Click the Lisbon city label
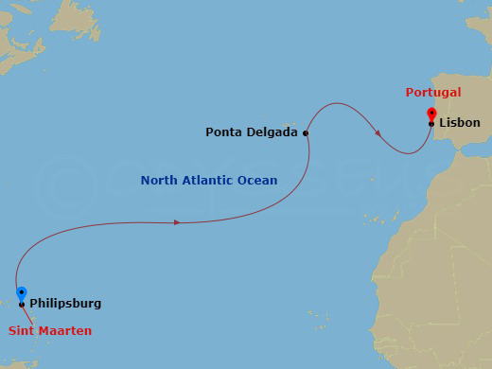(460, 123)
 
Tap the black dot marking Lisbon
(431, 124)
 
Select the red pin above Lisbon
(431, 114)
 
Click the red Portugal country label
(432, 93)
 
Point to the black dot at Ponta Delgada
(306, 133)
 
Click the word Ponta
(224, 132)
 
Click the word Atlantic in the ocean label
(209, 181)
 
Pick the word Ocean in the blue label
(258, 181)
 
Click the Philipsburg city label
(65, 304)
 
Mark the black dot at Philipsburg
(22, 305)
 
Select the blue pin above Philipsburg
(22, 294)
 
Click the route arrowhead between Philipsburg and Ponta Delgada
(177, 222)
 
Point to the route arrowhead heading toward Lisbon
(378, 133)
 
